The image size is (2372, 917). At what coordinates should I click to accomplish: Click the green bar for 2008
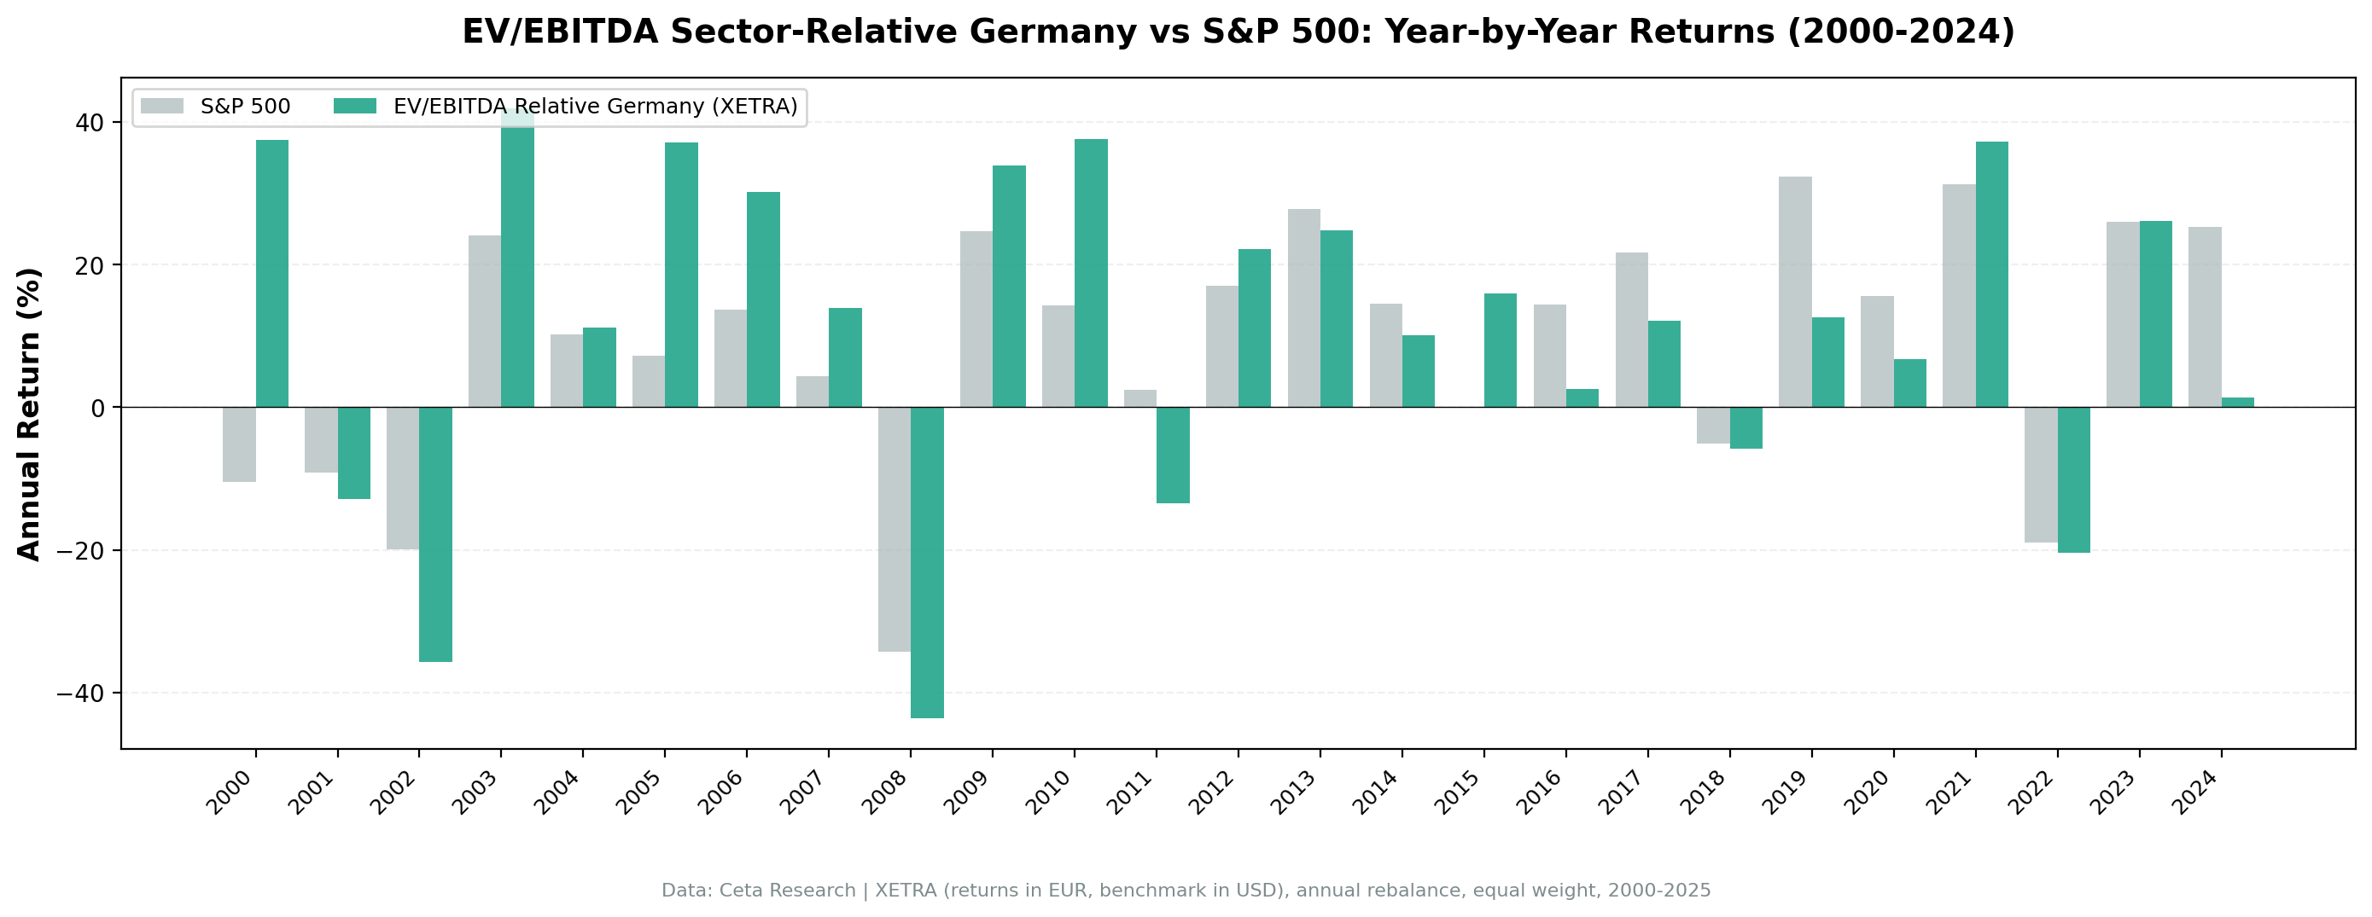[926, 561]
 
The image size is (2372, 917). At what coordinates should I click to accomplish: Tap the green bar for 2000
[271, 274]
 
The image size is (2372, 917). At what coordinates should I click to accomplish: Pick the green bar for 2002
[434, 534]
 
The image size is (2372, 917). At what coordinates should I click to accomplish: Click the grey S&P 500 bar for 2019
[1795, 292]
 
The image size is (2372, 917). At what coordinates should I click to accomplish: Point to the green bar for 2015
[1500, 350]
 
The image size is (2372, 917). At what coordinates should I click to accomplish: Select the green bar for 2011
[1172, 455]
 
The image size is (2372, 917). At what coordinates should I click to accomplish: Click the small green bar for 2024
[2237, 403]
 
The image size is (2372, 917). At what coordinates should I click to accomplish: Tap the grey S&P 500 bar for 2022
[2041, 474]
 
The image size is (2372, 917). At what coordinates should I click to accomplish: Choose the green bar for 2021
[1991, 275]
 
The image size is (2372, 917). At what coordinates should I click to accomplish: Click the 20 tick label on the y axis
[90, 265]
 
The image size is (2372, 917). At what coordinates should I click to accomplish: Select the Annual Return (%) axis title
[30, 414]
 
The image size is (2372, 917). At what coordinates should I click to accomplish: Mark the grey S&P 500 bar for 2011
[1140, 398]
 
